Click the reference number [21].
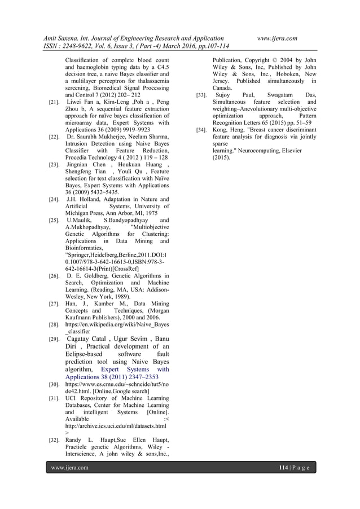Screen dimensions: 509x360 click(55, 104)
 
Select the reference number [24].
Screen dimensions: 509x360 click(55, 199)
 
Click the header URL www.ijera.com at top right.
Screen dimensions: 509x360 click(277, 37)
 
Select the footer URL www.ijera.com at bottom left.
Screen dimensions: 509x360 click(70, 468)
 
